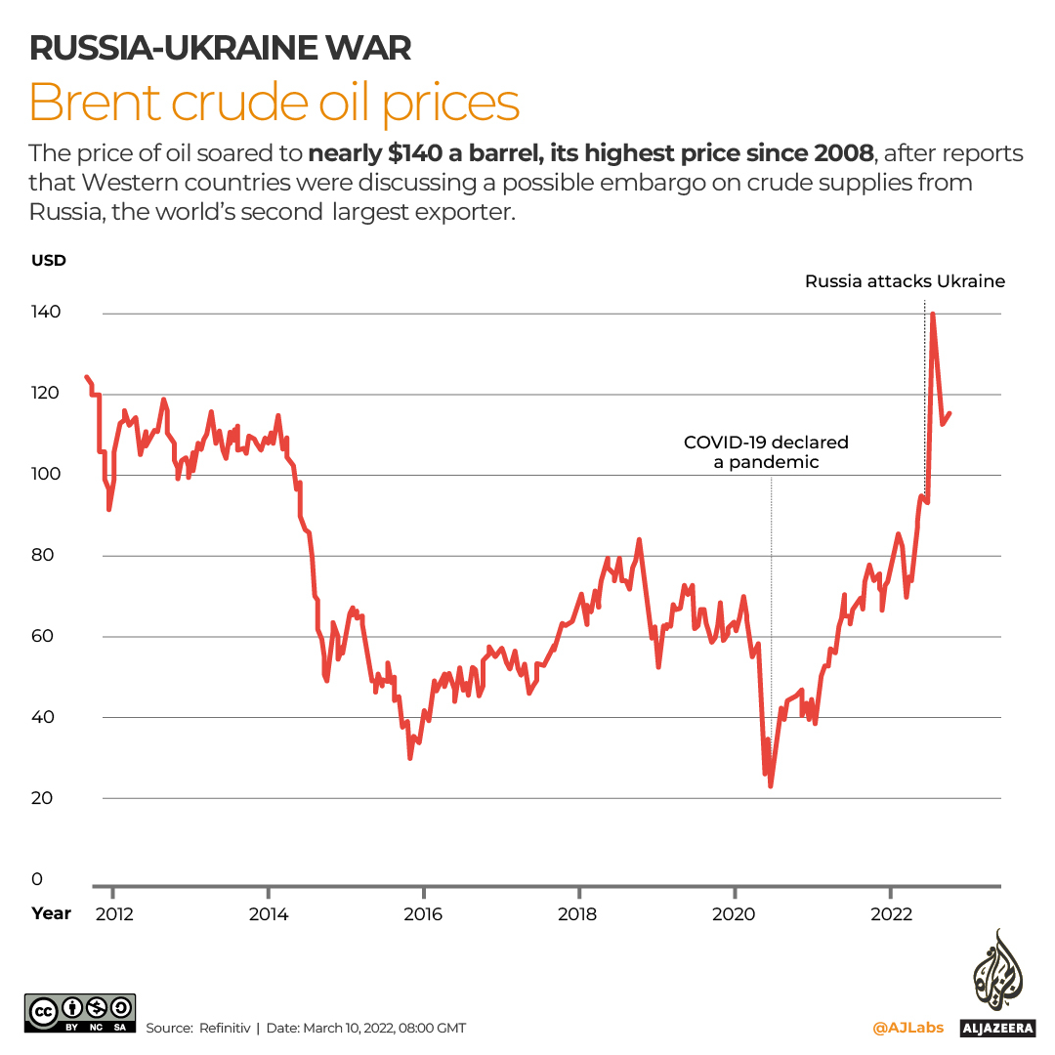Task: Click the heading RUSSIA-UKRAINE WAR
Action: pos(220,46)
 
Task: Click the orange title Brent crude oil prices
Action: pos(274,102)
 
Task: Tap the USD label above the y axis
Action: pos(48,260)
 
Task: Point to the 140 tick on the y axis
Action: pos(46,313)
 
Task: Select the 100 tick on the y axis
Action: pos(46,474)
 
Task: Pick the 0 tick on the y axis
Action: pos(37,878)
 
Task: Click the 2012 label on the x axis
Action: pos(113,914)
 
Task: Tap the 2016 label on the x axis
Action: pos(424,914)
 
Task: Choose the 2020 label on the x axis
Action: pos(735,914)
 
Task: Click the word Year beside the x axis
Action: pos(51,913)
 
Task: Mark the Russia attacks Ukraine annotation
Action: pos(905,281)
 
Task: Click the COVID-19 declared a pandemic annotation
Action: pos(766,452)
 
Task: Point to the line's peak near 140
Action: pos(933,315)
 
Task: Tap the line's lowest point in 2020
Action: pos(771,785)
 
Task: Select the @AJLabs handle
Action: pos(907,1028)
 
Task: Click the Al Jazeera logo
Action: pos(996,982)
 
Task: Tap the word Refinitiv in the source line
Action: pos(225,1028)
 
